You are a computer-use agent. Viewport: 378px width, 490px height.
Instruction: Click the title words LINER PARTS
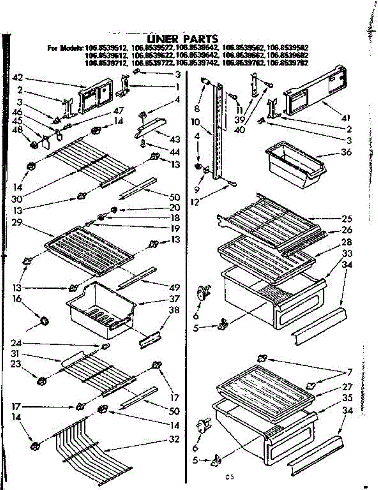pos(182,40)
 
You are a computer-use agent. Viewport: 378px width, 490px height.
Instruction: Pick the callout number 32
pos(175,440)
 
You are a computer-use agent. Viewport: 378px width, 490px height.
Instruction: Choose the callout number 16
pos(18,299)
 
